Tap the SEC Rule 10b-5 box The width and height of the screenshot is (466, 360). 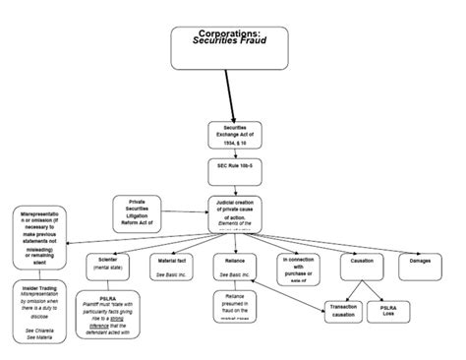point(234,171)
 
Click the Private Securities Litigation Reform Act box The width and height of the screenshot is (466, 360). point(144,213)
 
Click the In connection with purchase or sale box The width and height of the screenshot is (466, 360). point(298,268)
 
